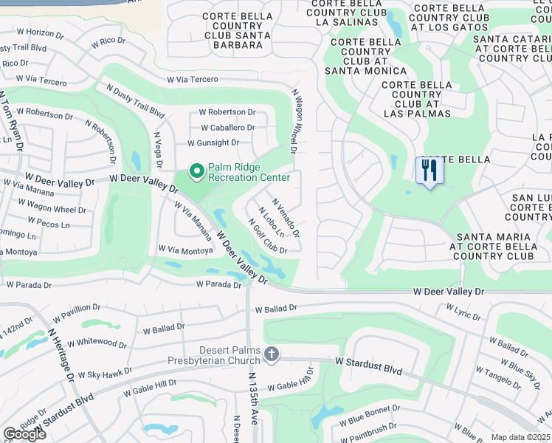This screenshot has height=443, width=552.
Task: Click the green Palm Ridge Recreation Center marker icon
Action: click(x=197, y=172)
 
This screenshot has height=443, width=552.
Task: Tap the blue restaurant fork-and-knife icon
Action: click(x=429, y=171)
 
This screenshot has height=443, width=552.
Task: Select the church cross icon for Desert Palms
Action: click(x=272, y=355)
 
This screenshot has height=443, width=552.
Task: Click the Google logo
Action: click(x=24, y=434)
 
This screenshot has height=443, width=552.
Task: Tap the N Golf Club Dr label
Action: click(x=266, y=237)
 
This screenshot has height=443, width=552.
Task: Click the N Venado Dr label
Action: click(x=286, y=217)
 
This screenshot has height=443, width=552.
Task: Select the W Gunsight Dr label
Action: click(x=213, y=142)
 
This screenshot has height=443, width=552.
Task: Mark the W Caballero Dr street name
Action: click(x=227, y=127)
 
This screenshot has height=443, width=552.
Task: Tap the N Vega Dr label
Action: click(x=157, y=150)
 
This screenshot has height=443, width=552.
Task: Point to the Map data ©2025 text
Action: click(x=520, y=437)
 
